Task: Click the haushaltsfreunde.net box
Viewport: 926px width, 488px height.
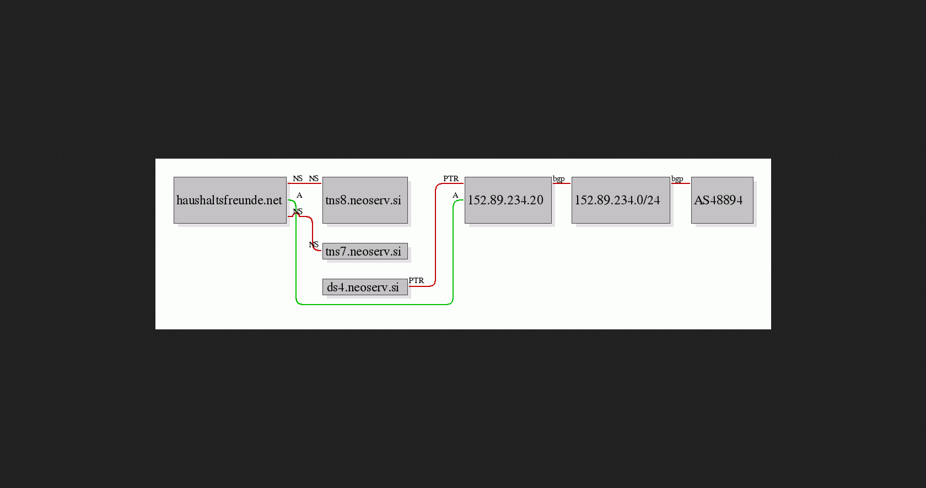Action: (x=230, y=200)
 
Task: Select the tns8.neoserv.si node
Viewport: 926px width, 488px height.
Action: (x=365, y=200)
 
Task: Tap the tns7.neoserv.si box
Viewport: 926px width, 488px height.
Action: (x=365, y=251)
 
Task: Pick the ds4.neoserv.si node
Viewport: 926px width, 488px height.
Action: (x=365, y=287)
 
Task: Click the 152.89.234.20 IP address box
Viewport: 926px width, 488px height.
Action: (x=508, y=200)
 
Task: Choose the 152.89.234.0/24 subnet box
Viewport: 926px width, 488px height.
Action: (x=621, y=200)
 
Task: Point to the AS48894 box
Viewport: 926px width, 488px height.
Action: (x=722, y=200)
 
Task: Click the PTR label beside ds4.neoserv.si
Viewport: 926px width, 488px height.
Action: (x=416, y=280)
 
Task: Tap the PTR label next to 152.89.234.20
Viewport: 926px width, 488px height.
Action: (x=451, y=178)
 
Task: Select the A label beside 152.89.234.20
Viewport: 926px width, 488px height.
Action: (x=455, y=196)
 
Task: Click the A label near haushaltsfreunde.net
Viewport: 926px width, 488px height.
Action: (x=299, y=196)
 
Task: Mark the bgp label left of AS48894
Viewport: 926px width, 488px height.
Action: (x=677, y=179)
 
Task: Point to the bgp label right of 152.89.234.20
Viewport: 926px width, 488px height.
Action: (x=558, y=179)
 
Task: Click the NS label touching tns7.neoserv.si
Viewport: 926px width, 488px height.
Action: (x=314, y=245)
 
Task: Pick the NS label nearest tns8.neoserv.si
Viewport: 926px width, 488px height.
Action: (x=314, y=178)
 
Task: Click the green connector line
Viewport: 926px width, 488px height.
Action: (x=375, y=305)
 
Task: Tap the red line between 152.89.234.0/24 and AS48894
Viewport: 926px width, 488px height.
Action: (x=680, y=183)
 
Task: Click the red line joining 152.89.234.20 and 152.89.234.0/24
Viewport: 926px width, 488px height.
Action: (x=561, y=183)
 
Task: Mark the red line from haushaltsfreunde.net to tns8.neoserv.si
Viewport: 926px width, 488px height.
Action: (x=305, y=183)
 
